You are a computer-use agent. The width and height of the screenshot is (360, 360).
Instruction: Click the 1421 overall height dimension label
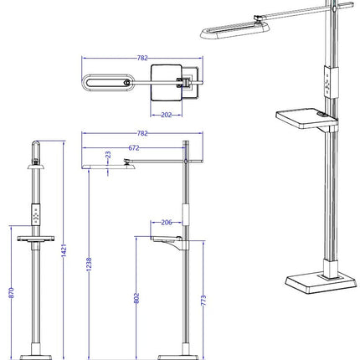pos(64,250)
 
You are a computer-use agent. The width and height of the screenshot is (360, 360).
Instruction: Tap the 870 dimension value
pos(12,293)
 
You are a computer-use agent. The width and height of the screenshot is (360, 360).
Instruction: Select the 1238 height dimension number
pos(89,264)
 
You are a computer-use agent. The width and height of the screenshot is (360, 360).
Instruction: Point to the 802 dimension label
pos(136,298)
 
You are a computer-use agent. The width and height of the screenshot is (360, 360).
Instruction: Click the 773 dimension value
pos(203,301)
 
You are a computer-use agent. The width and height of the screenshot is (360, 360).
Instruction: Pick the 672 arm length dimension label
pos(134,148)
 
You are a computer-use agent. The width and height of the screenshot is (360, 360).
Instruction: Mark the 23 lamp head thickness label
pos(108,155)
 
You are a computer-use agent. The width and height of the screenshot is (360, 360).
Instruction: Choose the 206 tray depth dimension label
pos(167,223)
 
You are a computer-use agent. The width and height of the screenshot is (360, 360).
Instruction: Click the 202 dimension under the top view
pos(167,115)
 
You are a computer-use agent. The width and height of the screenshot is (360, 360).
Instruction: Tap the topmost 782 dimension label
pos(142,58)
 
